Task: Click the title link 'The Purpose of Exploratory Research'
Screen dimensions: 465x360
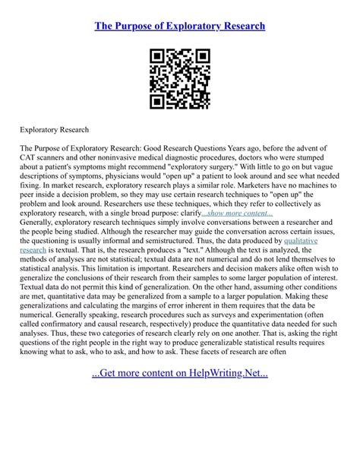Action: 179,26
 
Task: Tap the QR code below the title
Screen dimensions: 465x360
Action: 179,80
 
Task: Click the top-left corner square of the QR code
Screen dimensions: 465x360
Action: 156,57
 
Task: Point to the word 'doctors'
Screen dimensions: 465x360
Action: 251,158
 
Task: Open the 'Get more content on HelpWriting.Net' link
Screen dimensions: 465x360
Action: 179,438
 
